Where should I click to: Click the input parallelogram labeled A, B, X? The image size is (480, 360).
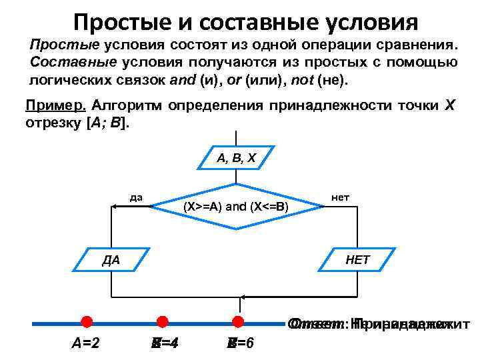(x=235, y=159)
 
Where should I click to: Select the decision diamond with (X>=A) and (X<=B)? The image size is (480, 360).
(x=235, y=206)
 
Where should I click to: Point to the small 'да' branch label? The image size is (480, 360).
(x=136, y=197)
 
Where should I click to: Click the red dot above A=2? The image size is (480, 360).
(x=86, y=323)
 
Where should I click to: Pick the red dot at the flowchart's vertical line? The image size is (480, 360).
(x=236, y=323)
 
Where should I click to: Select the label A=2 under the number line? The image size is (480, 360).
(x=86, y=344)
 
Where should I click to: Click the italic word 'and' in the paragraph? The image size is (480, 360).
(x=181, y=80)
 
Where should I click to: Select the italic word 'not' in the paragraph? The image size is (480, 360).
(x=305, y=80)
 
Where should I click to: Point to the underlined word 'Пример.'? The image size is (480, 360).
(x=55, y=106)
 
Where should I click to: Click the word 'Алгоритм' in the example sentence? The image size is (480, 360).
(x=128, y=106)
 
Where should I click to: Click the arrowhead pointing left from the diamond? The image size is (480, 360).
(x=115, y=207)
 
